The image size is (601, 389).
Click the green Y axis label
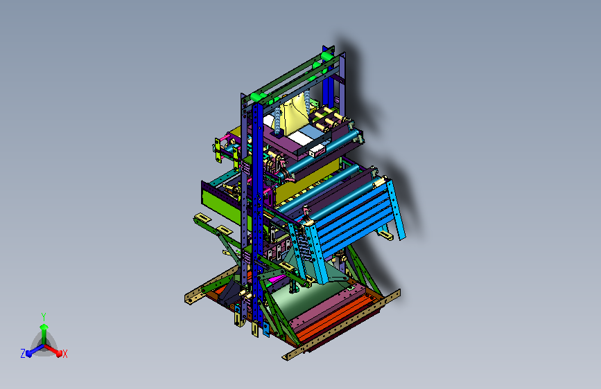click(44, 316)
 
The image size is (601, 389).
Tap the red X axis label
click(64, 354)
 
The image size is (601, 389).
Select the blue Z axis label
click(23, 354)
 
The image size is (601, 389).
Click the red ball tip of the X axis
click(59, 354)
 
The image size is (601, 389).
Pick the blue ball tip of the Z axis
click(28, 354)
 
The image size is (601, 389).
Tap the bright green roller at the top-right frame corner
click(327, 56)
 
